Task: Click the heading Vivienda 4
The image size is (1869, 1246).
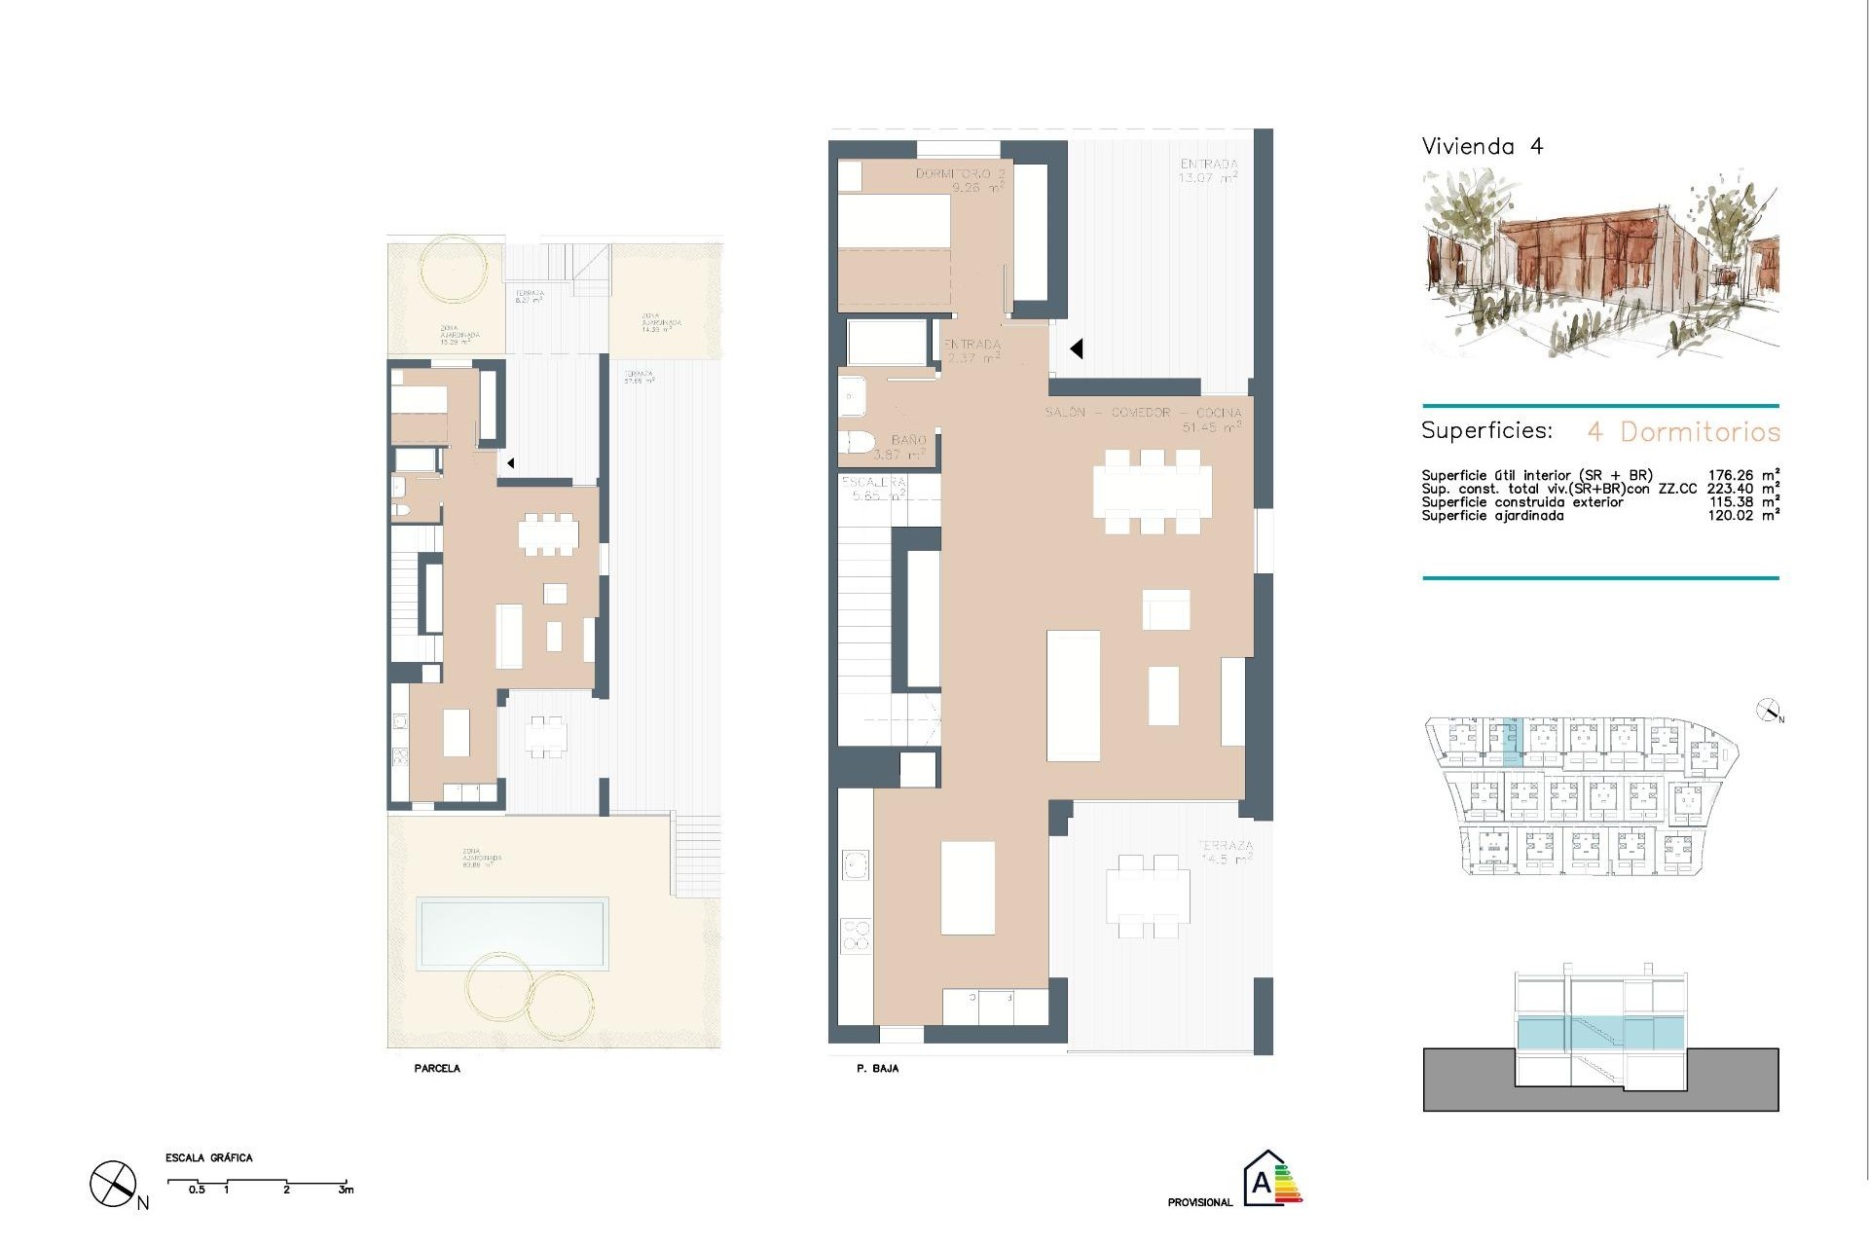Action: click(x=1482, y=147)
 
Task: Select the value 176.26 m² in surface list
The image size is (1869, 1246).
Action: click(x=1743, y=476)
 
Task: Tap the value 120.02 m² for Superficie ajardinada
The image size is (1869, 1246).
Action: click(x=1743, y=516)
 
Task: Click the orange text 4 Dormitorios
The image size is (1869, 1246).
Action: click(x=1683, y=431)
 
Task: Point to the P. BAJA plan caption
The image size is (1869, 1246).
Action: click(x=877, y=1069)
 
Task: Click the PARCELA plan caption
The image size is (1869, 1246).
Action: click(x=437, y=1069)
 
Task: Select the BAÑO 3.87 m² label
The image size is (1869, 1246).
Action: click(x=901, y=448)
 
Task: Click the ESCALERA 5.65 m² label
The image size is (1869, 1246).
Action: click(x=874, y=489)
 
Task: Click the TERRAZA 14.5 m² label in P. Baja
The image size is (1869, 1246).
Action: click(x=1225, y=853)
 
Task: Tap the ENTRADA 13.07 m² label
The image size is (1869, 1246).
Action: click(x=1208, y=171)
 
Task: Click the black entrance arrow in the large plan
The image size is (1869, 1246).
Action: click(x=1077, y=348)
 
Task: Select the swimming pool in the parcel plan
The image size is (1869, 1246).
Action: click(x=512, y=934)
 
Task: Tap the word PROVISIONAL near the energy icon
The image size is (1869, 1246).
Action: click(x=1199, y=1203)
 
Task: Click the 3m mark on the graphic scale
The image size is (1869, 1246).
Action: click(x=346, y=1190)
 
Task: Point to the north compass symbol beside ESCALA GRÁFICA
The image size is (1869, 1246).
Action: click(x=113, y=1185)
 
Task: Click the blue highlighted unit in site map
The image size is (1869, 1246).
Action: click(x=1509, y=742)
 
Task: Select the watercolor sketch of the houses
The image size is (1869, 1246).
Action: click(x=1599, y=263)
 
